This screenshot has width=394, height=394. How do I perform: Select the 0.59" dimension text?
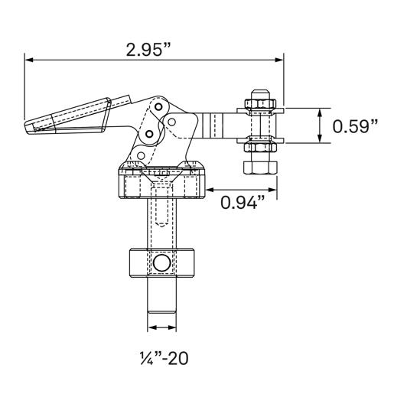point(355,126)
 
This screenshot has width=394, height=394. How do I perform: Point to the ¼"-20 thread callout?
point(161,357)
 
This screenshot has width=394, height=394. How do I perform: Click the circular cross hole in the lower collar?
point(161,264)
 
